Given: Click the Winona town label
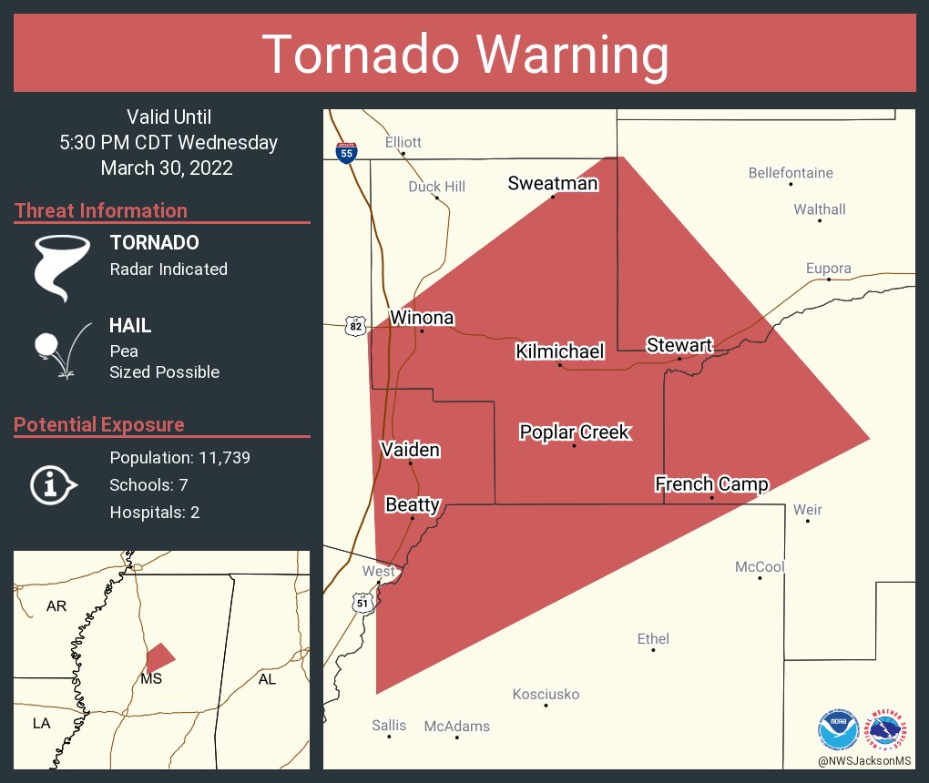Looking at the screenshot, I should (422, 318).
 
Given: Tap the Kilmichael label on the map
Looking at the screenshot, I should (559, 351).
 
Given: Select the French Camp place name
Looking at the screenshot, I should (711, 484).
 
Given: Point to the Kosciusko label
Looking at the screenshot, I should (546, 695).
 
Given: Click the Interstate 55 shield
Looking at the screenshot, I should (346, 152).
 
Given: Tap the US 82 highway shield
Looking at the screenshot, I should (355, 326).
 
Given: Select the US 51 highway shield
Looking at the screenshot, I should (362, 602).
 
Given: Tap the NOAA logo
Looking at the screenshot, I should (838, 729).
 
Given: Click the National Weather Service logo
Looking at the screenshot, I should (887, 729).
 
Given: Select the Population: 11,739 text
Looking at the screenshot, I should (179, 457).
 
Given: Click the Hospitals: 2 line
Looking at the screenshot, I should (155, 513).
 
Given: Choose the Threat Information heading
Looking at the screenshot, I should (101, 210).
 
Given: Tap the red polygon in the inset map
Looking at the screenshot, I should (159, 657).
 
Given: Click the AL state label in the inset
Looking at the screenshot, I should (267, 679).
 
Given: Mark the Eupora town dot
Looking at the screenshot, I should (828, 280).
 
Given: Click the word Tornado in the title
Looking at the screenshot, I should (360, 54).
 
